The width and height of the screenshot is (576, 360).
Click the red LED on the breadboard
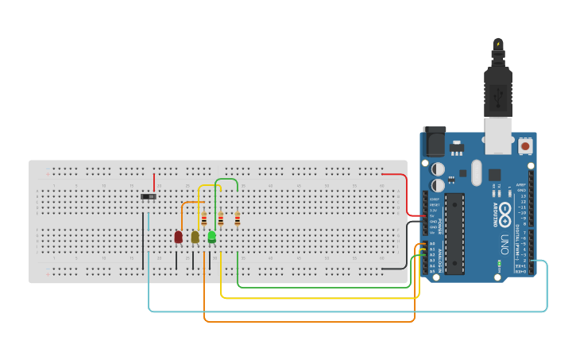179,237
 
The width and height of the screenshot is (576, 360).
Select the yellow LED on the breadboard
195,237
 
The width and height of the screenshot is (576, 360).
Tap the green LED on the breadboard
212,237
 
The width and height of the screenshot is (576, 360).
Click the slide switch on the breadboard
149,196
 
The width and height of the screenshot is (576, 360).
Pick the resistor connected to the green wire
237,219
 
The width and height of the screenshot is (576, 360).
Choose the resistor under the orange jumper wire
204,220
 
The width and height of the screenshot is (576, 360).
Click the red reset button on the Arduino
525,147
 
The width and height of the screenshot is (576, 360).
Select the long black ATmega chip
454,233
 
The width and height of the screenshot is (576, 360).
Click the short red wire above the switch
154,181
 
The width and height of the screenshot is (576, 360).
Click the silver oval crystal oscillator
476,172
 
